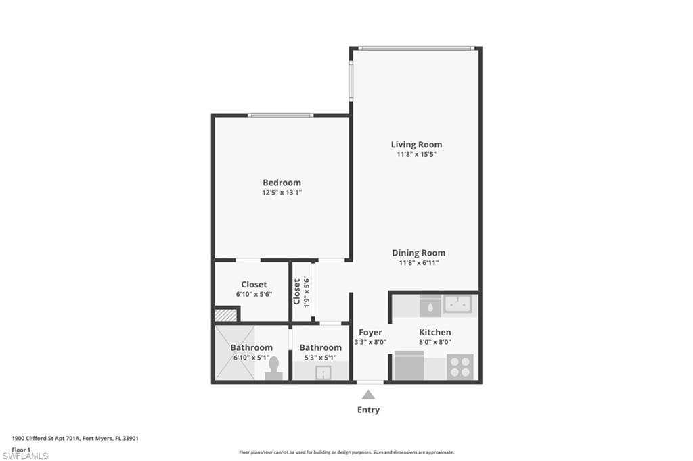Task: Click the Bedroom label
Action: click(x=282, y=183)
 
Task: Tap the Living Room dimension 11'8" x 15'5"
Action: click(x=416, y=155)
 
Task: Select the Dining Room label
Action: click(x=418, y=253)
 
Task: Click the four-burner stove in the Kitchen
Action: click(x=460, y=366)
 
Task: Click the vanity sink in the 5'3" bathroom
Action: click(x=322, y=370)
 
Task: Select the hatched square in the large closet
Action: click(x=225, y=314)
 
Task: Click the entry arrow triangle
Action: click(x=368, y=395)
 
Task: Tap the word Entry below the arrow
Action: click(x=368, y=410)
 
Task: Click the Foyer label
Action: click(x=370, y=332)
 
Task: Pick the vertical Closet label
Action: click(x=296, y=291)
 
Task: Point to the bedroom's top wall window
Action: click(x=280, y=115)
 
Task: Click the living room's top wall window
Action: click(x=416, y=48)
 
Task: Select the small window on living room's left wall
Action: click(x=351, y=81)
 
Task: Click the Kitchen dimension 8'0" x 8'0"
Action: click(x=434, y=342)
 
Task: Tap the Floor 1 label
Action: click(x=21, y=449)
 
